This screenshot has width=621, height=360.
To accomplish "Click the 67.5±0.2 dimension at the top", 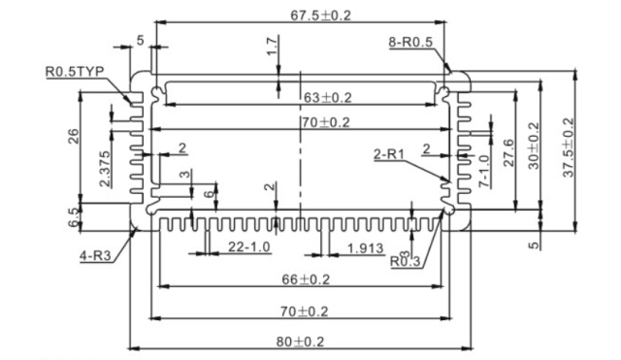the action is [x=321, y=16].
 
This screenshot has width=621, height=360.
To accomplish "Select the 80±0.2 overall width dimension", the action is [x=300, y=342].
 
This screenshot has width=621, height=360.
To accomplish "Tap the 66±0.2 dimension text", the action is [x=306, y=279].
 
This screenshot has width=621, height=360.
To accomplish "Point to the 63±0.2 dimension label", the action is [x=328, y=97].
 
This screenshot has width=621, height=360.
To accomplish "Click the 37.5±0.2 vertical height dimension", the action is [x=569, y=147].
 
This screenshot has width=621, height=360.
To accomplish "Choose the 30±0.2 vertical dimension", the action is [x=534, y=146].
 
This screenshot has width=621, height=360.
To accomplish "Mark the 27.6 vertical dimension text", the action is [x=508, y=152].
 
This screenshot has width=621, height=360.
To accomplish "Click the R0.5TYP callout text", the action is [x=75, y=72].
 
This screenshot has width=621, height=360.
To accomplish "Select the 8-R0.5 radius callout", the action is [x=410, y=42].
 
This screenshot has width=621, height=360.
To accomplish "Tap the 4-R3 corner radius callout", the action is [x=95, y=255].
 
